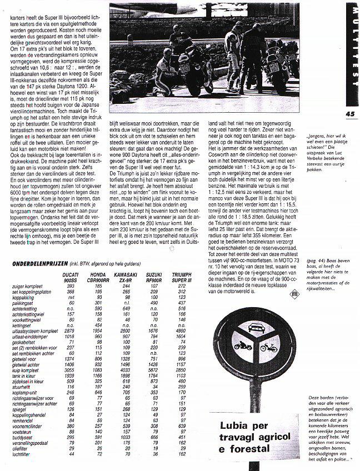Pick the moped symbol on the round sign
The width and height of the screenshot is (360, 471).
click(x=271, y=349)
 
